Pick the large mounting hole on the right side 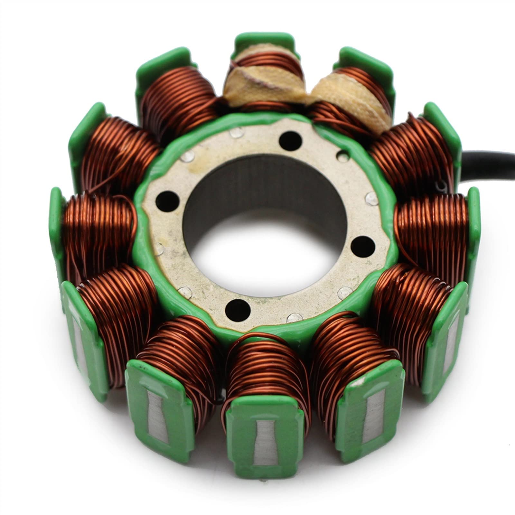pyautogui.click(x=363, y=245)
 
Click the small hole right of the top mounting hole pyautogui.click(x=342, y=157)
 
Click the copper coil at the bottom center pyautogui.click(x=267, y=370)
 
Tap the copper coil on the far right pyautogui.click(x=431, y=225)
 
